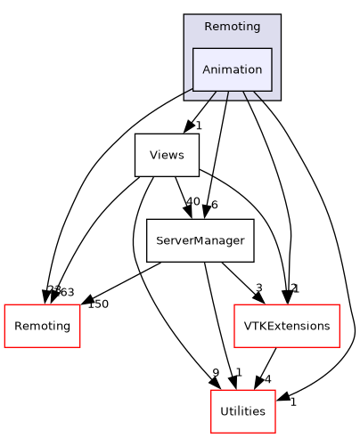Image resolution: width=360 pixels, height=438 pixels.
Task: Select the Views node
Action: click(167, 155)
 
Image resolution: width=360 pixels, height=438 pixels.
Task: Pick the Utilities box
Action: click(242, 411)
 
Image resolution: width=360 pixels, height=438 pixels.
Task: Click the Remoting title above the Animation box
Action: click(232, 27)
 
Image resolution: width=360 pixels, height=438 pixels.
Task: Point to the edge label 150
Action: click(97, 304)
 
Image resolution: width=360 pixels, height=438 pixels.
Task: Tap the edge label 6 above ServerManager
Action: click(214, 206)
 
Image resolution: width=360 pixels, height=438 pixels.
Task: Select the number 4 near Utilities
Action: click(266, 380)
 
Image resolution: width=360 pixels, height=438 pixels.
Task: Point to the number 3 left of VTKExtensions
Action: click(258, 288)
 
